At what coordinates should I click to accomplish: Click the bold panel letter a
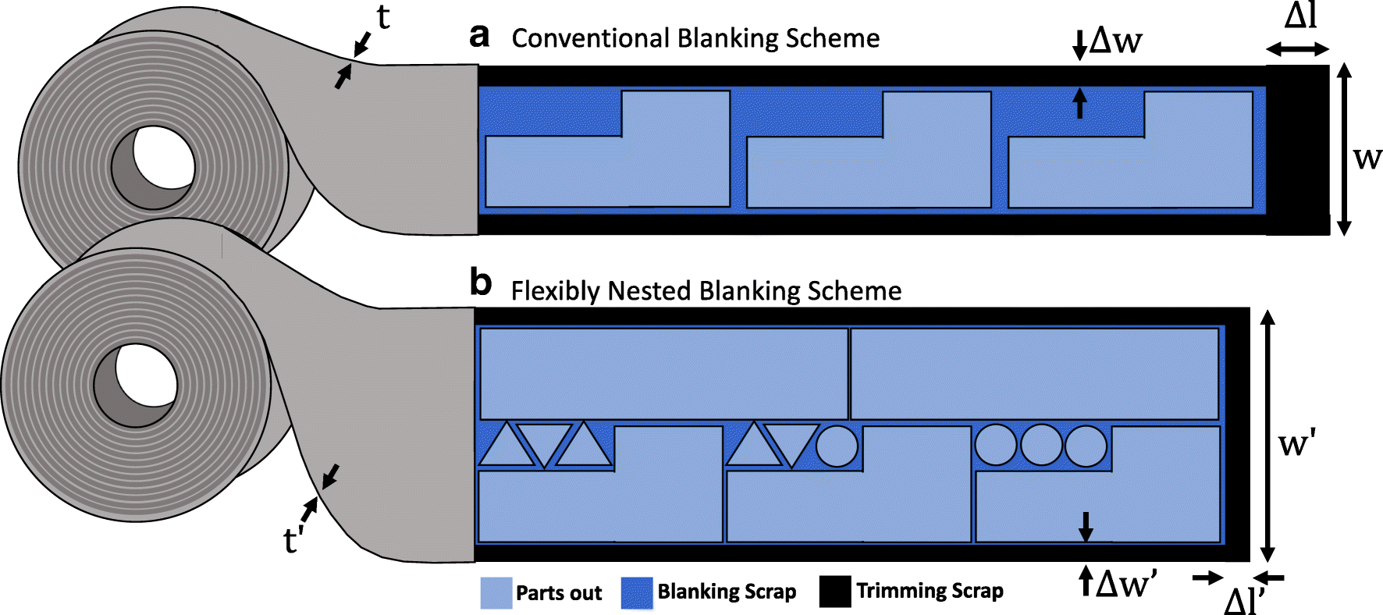coord(479,37)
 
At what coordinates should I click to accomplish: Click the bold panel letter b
coord(480,283)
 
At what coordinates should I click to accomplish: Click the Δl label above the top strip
coord(1300,16)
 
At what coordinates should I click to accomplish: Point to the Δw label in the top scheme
coord(1116,41)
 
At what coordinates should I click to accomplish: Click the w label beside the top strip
coord(1367,158)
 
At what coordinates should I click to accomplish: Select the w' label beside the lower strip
coord(1297,444)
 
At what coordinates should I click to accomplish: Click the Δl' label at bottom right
coord(1244,601)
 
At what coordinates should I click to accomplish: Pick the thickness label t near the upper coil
coord(383,17)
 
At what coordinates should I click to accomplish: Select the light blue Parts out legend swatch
coord(496,593)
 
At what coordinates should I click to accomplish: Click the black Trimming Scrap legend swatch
coord(834,592)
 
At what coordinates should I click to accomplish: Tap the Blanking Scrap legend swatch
coord(636,593)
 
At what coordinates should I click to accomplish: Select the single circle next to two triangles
coord(837,446)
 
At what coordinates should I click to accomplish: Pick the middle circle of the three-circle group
coord(1041,446)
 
